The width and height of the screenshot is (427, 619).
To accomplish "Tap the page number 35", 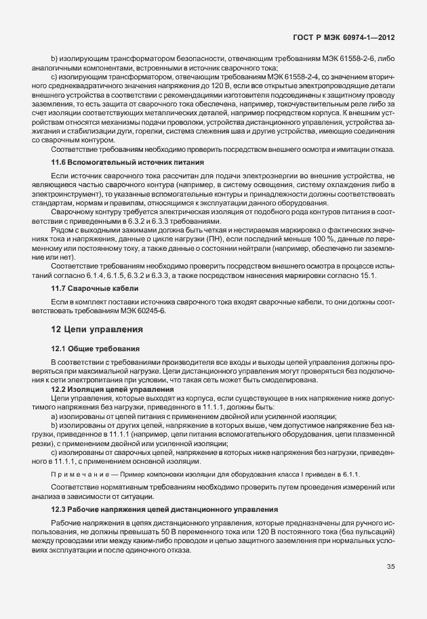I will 391,586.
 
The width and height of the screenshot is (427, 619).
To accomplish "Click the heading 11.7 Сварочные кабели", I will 95,288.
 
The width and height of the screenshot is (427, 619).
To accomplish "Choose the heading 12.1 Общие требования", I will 96,348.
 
